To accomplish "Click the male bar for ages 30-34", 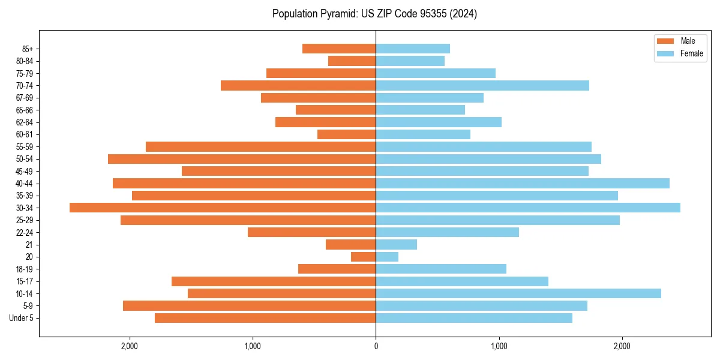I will [x=223, y=208].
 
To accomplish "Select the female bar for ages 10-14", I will [x=518, y=293].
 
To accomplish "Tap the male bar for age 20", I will [x=364, y=257].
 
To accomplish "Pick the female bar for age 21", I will [x=396, y=244].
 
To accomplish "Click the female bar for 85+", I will [x=413, y=49].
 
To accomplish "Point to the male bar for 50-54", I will [x=242, y=159].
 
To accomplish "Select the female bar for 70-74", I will [x=482, y=85].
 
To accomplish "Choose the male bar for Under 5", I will [x=265, y=318].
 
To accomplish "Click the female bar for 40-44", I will [x=523, y=183].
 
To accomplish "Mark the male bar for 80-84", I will [x=352, y=61].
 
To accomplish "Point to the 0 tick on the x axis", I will [x=376, y=346].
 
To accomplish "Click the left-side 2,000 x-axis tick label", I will [x=130, y=346].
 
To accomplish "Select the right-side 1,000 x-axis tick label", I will [x=499, y=346].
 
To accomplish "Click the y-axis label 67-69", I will [x=25, y=98].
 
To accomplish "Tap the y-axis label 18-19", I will [x=25, y=269].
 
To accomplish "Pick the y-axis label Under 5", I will [x=22, y=318].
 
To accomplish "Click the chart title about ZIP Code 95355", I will [x=374, y=14].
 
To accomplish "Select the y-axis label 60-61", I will [x=25, y=134].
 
